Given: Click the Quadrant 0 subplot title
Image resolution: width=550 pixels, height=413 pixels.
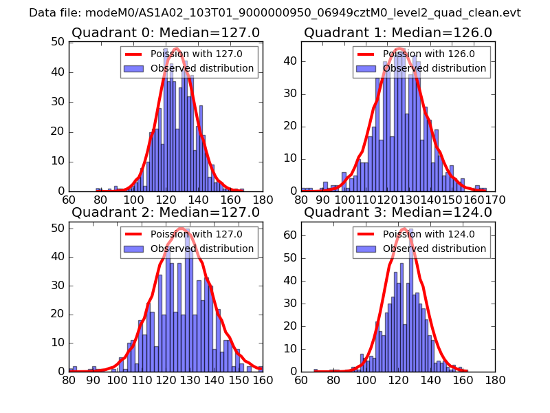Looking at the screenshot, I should (x=166, y=32).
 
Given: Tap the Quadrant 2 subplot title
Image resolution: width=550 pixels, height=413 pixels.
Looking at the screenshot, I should (x=166, y=213).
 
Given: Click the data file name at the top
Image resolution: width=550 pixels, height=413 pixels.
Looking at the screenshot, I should (x=275, y=13).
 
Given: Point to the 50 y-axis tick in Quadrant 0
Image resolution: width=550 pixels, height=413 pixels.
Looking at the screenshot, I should (x=58, y=42).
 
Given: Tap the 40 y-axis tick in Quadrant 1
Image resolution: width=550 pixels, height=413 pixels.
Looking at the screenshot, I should (x=290, y=61).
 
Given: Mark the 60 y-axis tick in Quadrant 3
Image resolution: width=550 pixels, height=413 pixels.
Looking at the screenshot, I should (x=290, y=235).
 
